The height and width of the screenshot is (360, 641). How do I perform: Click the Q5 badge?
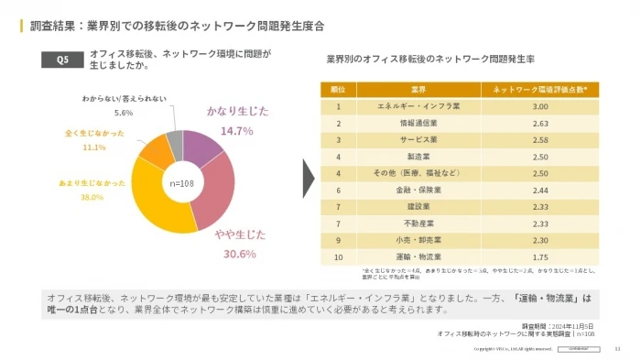[x=62, y=60]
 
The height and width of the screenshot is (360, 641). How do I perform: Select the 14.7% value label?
[x=236, y=131]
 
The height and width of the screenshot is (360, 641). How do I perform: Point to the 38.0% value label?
[x=92, y=197]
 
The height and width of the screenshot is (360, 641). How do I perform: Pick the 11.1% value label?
[x=94, y=147]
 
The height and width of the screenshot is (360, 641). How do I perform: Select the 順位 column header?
[x=338, y=90]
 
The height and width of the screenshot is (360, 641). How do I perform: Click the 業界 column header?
[x=418, y=90]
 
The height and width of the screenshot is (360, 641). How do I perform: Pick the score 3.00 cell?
[x=540, y=106]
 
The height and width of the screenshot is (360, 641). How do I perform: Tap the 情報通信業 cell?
[x=418, y=123]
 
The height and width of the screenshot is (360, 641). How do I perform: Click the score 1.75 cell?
[x=540, y=256]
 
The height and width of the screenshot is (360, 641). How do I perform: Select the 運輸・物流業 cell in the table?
[x=418, y=256]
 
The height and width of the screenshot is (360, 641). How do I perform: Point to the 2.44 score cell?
[x=540, y=190]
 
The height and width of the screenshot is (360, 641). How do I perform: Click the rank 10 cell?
[x=338, y=256]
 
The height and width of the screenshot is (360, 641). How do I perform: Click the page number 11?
[x=617, y=349]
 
